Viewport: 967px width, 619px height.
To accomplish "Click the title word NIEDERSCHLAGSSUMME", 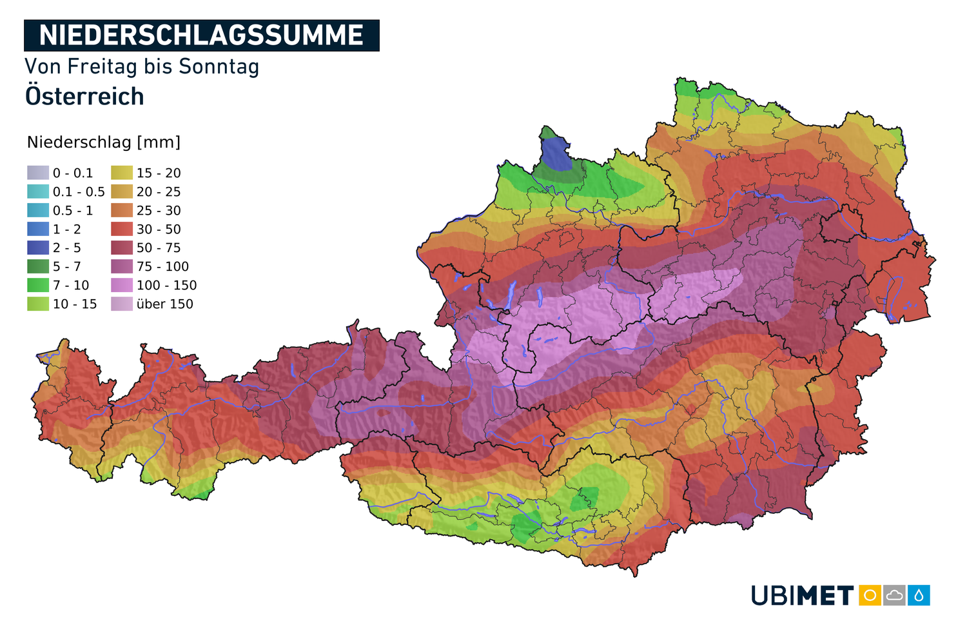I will (201, 35).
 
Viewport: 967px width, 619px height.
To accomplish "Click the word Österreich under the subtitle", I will (84, 97).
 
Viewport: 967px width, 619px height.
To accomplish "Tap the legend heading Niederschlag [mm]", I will (104, 142).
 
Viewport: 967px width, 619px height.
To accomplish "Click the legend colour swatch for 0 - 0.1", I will (37, 173).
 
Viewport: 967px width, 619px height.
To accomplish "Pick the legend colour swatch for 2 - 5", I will (37, 248).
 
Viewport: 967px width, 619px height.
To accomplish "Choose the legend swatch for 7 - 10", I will (37, 285).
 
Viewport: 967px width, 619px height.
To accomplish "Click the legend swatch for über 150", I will (121, 304).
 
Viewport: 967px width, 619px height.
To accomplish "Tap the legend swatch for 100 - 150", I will (121, 285).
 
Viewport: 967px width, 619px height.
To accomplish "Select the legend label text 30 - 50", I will (159, 230).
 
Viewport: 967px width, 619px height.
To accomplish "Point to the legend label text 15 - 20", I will (159, 173).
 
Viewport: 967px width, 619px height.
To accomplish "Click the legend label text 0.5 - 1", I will (73, 211).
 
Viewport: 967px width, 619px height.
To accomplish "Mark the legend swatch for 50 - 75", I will (121, 248).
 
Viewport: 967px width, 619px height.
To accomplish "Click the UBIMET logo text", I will (802, 595).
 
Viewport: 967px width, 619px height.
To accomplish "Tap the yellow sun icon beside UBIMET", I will (870, 595).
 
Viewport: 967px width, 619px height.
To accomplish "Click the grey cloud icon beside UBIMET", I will (894, 595).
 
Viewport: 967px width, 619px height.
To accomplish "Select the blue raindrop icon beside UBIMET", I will (919, 595).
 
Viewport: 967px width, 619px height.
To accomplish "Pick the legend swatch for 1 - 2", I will (37, 229).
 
